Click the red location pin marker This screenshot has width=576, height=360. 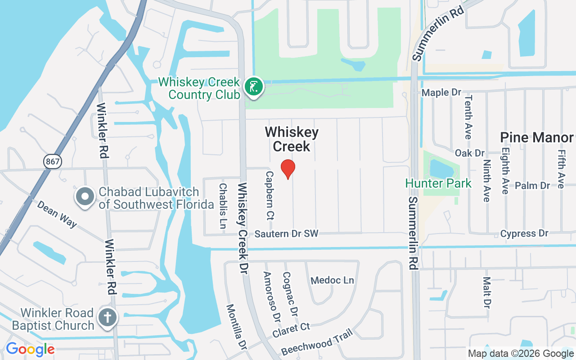[288, 168]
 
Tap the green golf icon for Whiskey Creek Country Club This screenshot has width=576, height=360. [254, 87]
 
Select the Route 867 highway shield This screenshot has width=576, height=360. [53, 161]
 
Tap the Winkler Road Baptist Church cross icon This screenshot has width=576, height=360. [108, 318]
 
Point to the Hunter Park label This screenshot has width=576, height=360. [438, 183]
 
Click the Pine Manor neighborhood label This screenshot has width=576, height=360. [537, 138]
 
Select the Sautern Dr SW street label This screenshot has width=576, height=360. [286, 234]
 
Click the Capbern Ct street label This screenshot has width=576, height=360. [270, 195]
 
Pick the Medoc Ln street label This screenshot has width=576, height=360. [333, 280]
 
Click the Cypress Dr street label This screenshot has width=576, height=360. [524, 234]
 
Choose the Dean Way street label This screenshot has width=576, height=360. [57, 214]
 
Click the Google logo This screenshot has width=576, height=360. [30, 349]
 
